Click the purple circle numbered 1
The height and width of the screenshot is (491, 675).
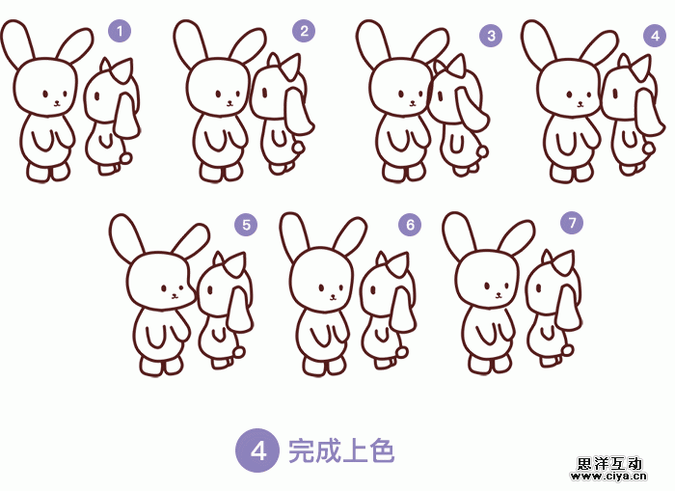[x=120, y=31]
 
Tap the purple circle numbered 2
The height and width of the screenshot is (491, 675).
[x=304, y=31]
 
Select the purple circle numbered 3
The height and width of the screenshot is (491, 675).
[x=491, y=36]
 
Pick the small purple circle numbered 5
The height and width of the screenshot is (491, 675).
[x=246, y=225]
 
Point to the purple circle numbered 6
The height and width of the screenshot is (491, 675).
[x=410, y=225]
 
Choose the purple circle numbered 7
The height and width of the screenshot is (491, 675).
[x=572, y=223]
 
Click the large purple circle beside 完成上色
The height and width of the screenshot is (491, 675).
[x=257, y=450]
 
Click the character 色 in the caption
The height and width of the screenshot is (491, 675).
[x=381, y=450]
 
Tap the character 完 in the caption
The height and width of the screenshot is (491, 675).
[x=301, y=450]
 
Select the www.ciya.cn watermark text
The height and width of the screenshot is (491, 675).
[x=608, y=477]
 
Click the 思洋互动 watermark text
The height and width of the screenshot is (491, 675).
[x=608, y=463]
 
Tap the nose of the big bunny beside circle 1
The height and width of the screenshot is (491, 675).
[x=56, y=103]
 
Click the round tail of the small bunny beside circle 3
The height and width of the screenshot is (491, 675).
[x=483, y=151]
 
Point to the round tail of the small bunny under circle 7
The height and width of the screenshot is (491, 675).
[x=567, y=350]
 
